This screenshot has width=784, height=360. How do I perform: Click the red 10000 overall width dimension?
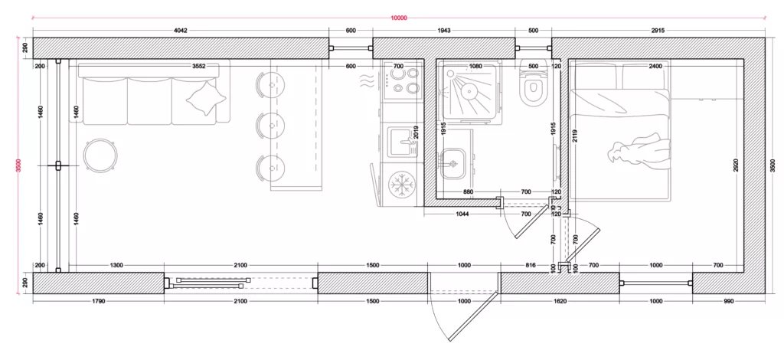tap(399, 18)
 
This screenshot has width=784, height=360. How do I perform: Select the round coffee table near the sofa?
tap(102, 155)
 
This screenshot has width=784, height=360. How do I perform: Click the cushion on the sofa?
tap(206, 99)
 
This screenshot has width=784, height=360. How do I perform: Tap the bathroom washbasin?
tap(453, 163)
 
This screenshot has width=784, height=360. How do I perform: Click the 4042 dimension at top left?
tap(181, 31)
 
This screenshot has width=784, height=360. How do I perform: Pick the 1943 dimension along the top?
tap(444, 31)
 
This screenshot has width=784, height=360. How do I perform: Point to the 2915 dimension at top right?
tap(658, 31)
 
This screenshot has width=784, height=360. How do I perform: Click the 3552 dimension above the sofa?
tap(199, 66)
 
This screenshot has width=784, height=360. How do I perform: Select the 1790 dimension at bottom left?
tap(99, 302)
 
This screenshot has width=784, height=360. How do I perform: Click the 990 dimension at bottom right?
tap(728, 302)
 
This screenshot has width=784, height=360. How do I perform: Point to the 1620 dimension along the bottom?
tap(560, 302)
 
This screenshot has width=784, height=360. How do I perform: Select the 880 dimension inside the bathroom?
tap(468, 192)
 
